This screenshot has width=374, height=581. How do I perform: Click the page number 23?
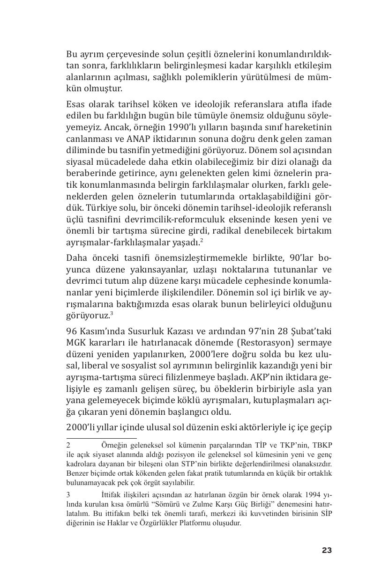point(327,550)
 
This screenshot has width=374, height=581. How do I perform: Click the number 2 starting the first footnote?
point(68,445)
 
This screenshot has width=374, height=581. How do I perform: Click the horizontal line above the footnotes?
point(101,438)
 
